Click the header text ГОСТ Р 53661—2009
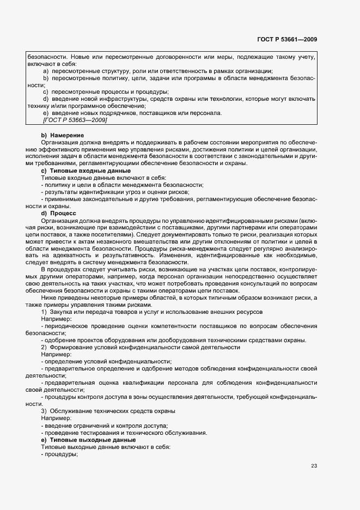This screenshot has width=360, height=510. tap(287, 39)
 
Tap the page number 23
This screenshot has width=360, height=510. tap(314, 465)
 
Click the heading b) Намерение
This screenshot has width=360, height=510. tap(62, 135)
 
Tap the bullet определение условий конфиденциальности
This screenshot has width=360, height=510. tap(106, 361)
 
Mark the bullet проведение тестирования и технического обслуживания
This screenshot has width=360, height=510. tap(124, 433)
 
